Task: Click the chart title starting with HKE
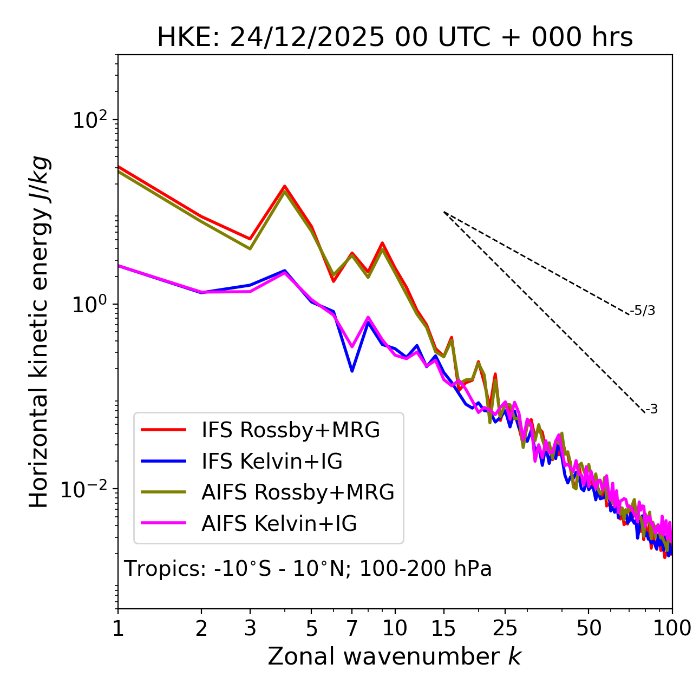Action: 395,38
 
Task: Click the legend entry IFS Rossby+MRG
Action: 290,430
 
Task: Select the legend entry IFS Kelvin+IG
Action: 272,462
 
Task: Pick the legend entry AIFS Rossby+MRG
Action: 298,492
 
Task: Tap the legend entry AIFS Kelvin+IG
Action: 279,524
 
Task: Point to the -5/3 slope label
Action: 643,311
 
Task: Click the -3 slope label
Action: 652,410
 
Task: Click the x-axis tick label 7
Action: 352,628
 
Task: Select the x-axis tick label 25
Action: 505,628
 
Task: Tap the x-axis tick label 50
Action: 589,628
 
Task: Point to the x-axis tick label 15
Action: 443,628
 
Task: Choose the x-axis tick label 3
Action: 250,628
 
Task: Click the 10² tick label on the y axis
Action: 90,120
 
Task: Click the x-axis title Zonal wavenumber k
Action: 395,657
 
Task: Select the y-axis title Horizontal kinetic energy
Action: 40,332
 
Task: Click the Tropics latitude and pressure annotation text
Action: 308,569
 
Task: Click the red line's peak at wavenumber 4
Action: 285,186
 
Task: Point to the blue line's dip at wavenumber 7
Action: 352,371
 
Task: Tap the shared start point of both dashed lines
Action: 444,212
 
